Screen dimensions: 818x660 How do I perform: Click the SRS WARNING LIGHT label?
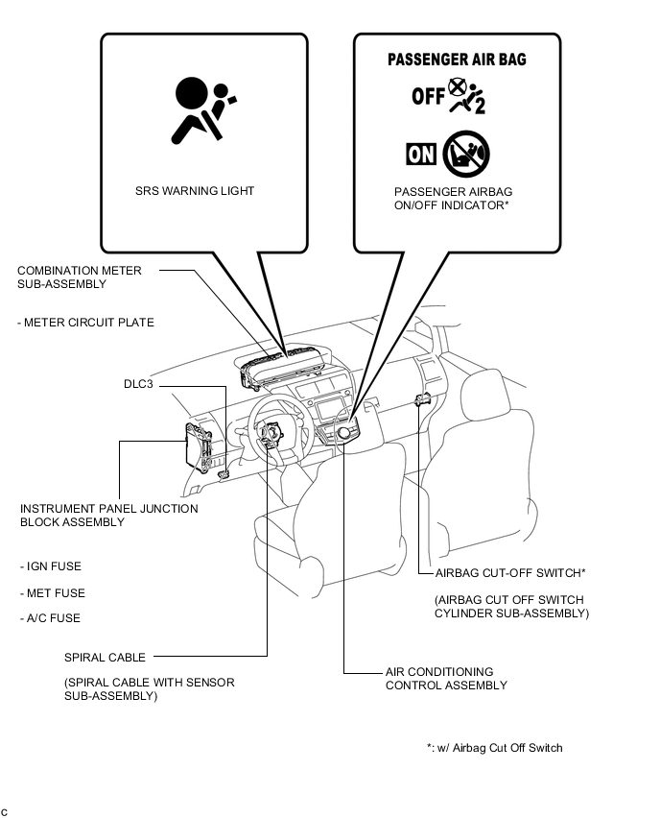195,191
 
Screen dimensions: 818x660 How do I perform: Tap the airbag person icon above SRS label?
200,109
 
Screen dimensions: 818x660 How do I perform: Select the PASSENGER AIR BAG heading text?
457,60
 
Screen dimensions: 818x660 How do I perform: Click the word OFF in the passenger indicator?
428,96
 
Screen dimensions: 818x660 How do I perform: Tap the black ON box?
421,154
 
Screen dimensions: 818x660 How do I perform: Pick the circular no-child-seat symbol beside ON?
466,154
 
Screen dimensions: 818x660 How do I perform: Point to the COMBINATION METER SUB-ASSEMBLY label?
79,277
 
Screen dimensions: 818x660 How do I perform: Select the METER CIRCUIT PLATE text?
85,323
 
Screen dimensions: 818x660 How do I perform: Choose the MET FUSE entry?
53,593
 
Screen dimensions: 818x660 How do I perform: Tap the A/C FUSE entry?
50,619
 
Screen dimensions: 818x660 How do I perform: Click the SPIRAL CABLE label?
105,658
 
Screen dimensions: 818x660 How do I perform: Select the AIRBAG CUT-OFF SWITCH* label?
510,573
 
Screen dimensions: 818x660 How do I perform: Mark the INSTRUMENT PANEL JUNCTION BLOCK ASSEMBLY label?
108,516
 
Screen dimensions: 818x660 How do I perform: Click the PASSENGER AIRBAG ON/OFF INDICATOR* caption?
453,198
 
